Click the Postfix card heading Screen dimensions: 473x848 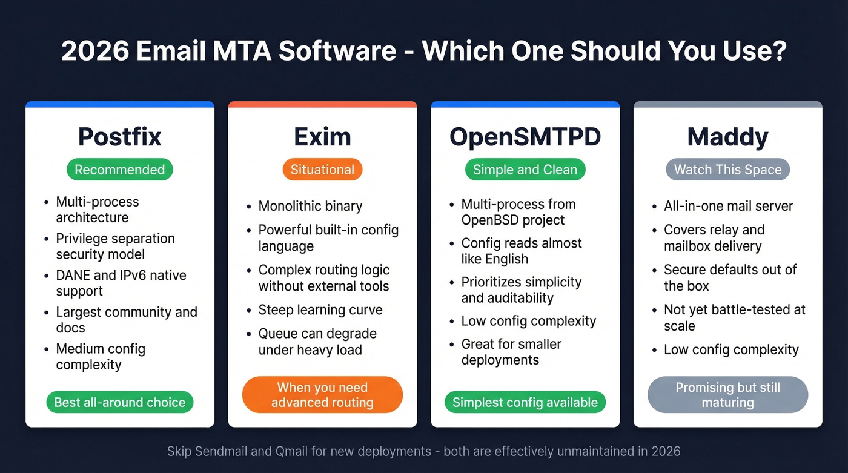[119, 137]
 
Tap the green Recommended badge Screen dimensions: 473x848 [119, 170]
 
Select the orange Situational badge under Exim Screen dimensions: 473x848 [322, 170]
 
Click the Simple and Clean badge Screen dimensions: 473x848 [525, 170]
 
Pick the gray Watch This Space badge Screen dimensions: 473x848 [727, 170]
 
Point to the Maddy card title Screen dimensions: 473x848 [727, 137]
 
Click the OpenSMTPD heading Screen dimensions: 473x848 [525, 137]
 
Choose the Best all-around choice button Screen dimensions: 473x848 [119, 402]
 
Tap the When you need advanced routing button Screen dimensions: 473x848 [322, 395]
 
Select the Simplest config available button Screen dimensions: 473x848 [525, 402]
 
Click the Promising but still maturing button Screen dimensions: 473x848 [727, 395]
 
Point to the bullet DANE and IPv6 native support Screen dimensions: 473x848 [121, 283]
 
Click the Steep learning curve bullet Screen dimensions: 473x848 [320, 310]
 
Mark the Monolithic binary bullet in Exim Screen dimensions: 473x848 [310, 206]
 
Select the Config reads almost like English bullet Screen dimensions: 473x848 [521, 251]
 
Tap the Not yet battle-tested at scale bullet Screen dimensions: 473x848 [734, 317]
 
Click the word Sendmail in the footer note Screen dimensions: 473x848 [220, 451]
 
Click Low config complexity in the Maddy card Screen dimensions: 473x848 [731, 349]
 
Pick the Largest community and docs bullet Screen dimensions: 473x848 [126, 320]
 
